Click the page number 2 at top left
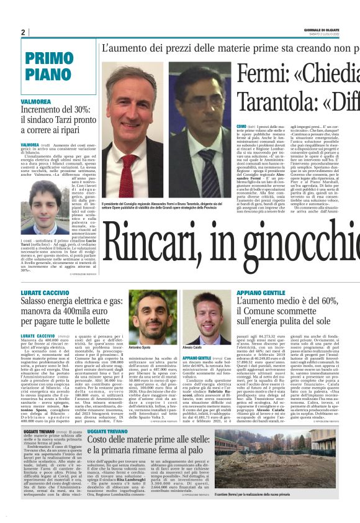tap(23, 33)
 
